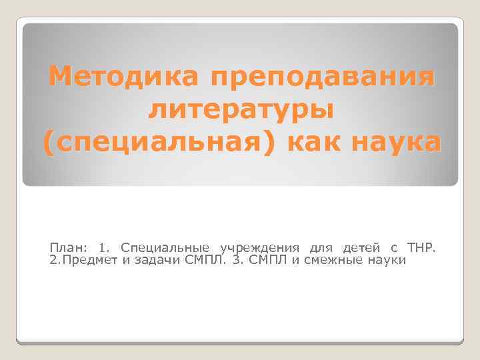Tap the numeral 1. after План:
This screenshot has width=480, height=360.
pos(105,248)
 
